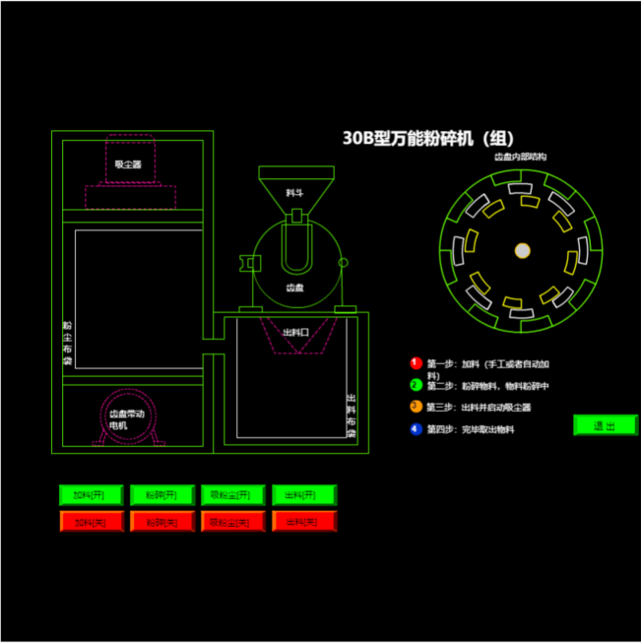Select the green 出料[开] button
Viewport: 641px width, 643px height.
click(x=304, y=493)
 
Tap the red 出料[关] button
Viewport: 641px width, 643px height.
click(x=304, y=521)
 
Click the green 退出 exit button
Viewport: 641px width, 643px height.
click(x=605, y=425)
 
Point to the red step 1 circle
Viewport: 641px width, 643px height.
click(x=416, y=363)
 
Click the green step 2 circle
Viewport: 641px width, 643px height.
click(x=416, y=385)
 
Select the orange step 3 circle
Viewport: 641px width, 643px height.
click(x=416, y=406)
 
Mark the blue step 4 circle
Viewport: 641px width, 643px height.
click(x=416, y=428)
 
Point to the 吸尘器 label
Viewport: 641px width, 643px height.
click(x=128, y=164)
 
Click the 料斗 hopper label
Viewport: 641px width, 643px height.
click(x=294, y=193)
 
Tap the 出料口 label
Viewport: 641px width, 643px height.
click(x=295, y=333)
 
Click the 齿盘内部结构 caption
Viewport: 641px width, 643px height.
click(x=520, y=158)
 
